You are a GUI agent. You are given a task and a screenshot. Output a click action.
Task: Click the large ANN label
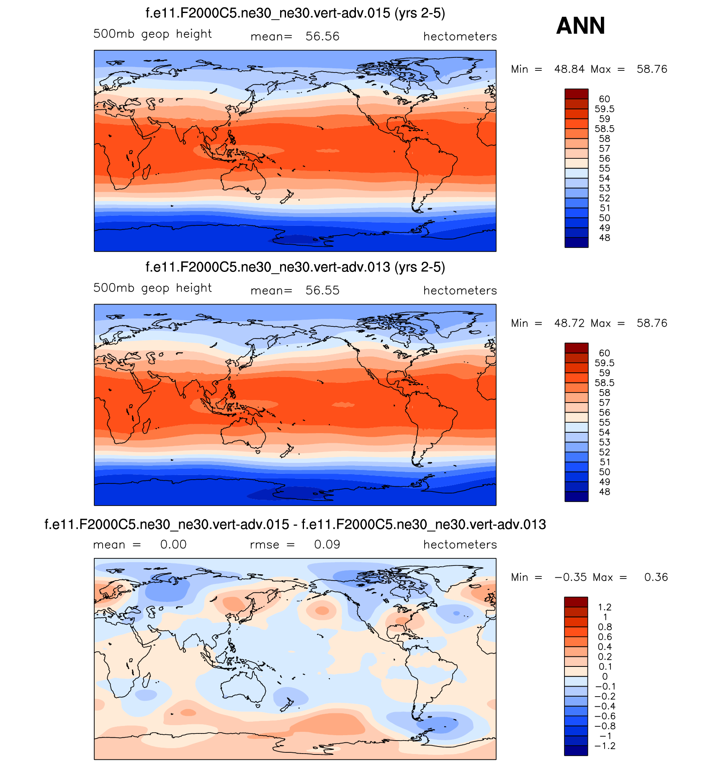pos(580,26)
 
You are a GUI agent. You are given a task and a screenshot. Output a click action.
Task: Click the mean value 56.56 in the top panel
pos(322,36)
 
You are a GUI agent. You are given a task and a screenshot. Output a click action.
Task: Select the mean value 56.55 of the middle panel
pos(322,290)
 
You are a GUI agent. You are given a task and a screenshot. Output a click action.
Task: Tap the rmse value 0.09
pos(327,545)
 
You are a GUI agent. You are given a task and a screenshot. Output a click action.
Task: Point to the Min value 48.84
pos(569,69)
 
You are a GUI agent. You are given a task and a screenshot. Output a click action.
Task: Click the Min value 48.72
pos(569,323)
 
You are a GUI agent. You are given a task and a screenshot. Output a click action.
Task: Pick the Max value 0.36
pos(656,577)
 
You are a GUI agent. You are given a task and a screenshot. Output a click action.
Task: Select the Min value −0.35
pos(570,577)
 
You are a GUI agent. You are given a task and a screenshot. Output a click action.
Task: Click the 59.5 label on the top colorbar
pos(604,109)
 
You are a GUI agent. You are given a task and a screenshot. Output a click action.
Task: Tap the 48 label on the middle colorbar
pos(604,492)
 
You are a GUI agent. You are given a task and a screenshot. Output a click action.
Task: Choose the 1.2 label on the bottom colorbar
pos(605,607)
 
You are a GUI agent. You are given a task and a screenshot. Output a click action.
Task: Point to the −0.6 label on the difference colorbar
pos(605,716)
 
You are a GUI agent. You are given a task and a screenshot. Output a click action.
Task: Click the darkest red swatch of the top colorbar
pos(576,93)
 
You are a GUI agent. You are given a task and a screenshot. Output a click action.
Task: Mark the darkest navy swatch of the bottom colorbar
pos(576,751)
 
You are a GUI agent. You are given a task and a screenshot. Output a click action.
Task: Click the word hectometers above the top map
pos(460,36)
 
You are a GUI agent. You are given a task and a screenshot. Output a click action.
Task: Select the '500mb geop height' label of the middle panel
pos(152,288)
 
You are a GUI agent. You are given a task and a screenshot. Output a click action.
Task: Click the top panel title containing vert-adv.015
pos(295,13)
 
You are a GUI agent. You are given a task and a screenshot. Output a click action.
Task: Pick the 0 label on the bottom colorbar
pos(605,677)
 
